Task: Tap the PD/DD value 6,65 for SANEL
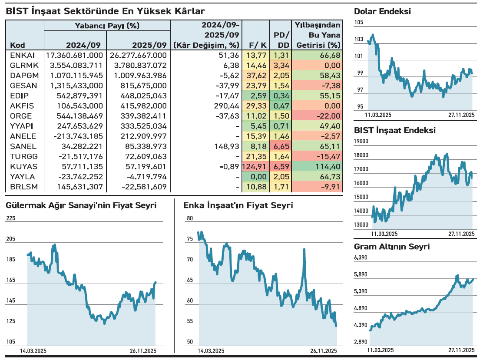tap(280, 146)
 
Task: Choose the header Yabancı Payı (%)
tap(107, 26)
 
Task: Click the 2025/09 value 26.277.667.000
tap(139, 55)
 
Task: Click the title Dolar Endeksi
tap(382, 12)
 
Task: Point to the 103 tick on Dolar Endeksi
tap(359, 39)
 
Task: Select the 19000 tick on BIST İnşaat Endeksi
tap(361, 141)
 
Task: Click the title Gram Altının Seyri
tap(392, 247)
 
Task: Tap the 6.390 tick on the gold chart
tap(361, 258)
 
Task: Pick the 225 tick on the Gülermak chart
tap(10, 218)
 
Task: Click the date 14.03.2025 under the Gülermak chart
tap(33, 350)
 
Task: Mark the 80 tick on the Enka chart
tap(189, 218)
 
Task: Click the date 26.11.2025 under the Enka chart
tap(324, 350)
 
